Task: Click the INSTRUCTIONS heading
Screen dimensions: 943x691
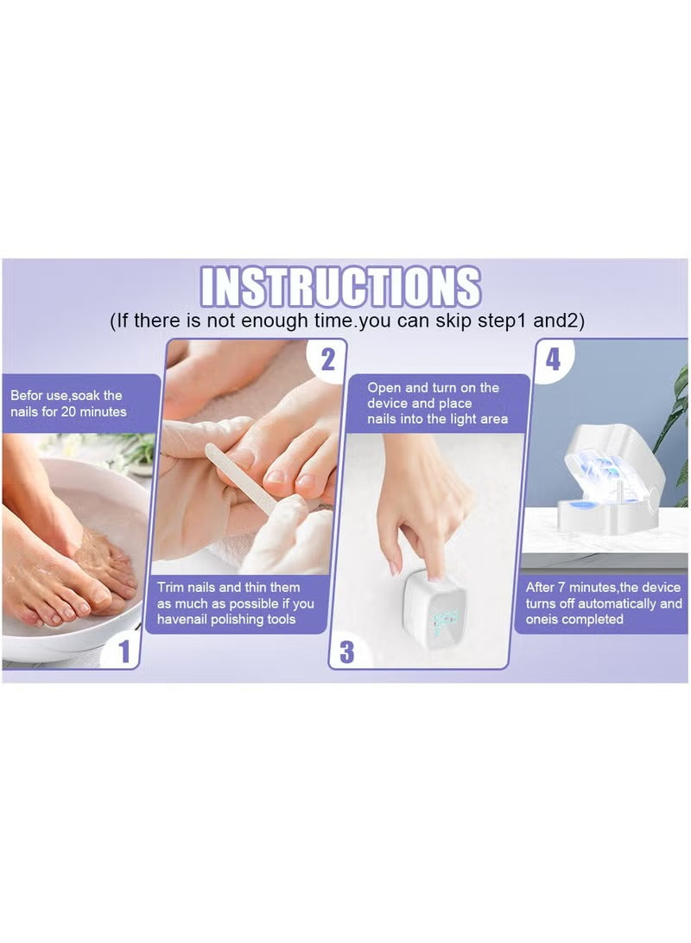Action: click(x=340, y=287)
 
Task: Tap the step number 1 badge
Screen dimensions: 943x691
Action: click(x=124, y=651)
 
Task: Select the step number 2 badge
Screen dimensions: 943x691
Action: click(x=326, y=359)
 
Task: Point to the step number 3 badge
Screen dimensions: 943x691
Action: click(x=346, y=651)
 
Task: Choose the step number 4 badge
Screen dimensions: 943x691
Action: click(x=553, y=359)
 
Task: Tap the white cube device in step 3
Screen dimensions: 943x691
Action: click(x=434, y=604)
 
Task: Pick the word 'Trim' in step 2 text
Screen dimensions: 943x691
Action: click(x=172, y=587)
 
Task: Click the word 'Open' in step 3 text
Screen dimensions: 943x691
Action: click(x=384, y=388)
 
